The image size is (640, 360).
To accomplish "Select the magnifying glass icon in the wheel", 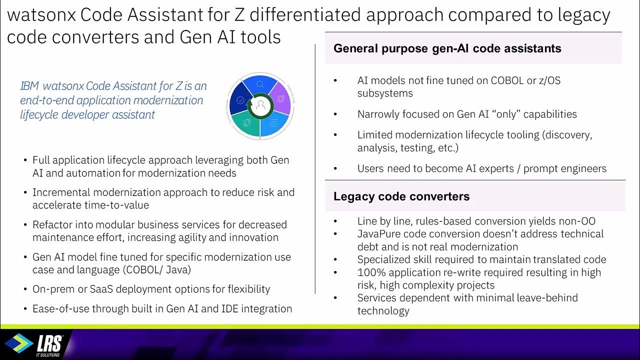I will (x=260, y=84).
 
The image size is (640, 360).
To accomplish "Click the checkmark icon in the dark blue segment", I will (x=240, y=100).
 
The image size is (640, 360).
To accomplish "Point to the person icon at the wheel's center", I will (x=260, y=105).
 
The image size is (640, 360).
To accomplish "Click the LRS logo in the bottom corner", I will (x=35, y=344).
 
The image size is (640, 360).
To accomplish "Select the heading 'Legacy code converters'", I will (x=401, y=196).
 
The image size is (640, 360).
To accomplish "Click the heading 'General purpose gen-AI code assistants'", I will (x=447, y=48).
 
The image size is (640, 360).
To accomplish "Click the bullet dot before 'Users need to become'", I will (x=335, y=169).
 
